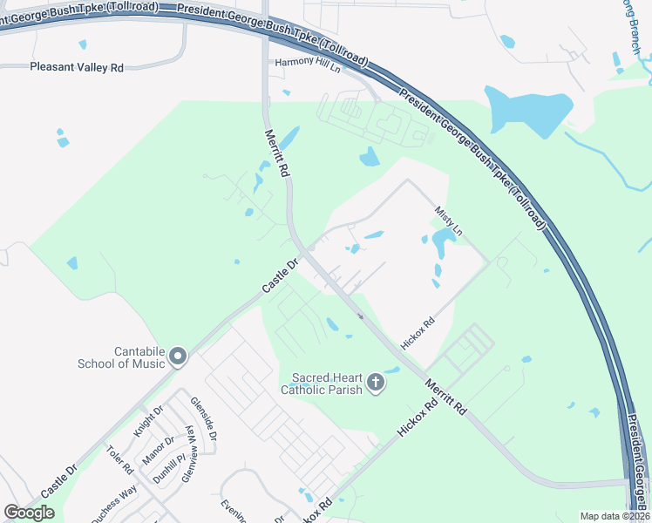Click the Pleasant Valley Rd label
coord(77,67)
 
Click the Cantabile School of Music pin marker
coord(178,356)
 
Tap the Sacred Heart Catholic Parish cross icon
coord(376,383)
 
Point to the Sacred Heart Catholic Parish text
coord(326,384)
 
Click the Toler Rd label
coord(119,460)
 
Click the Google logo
coord(30,513)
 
